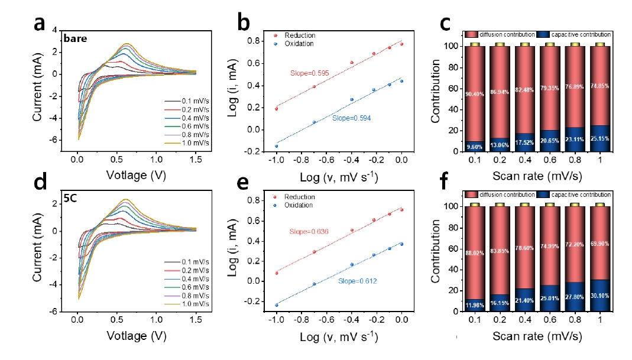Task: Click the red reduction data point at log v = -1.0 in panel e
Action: (x=276, y=273)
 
